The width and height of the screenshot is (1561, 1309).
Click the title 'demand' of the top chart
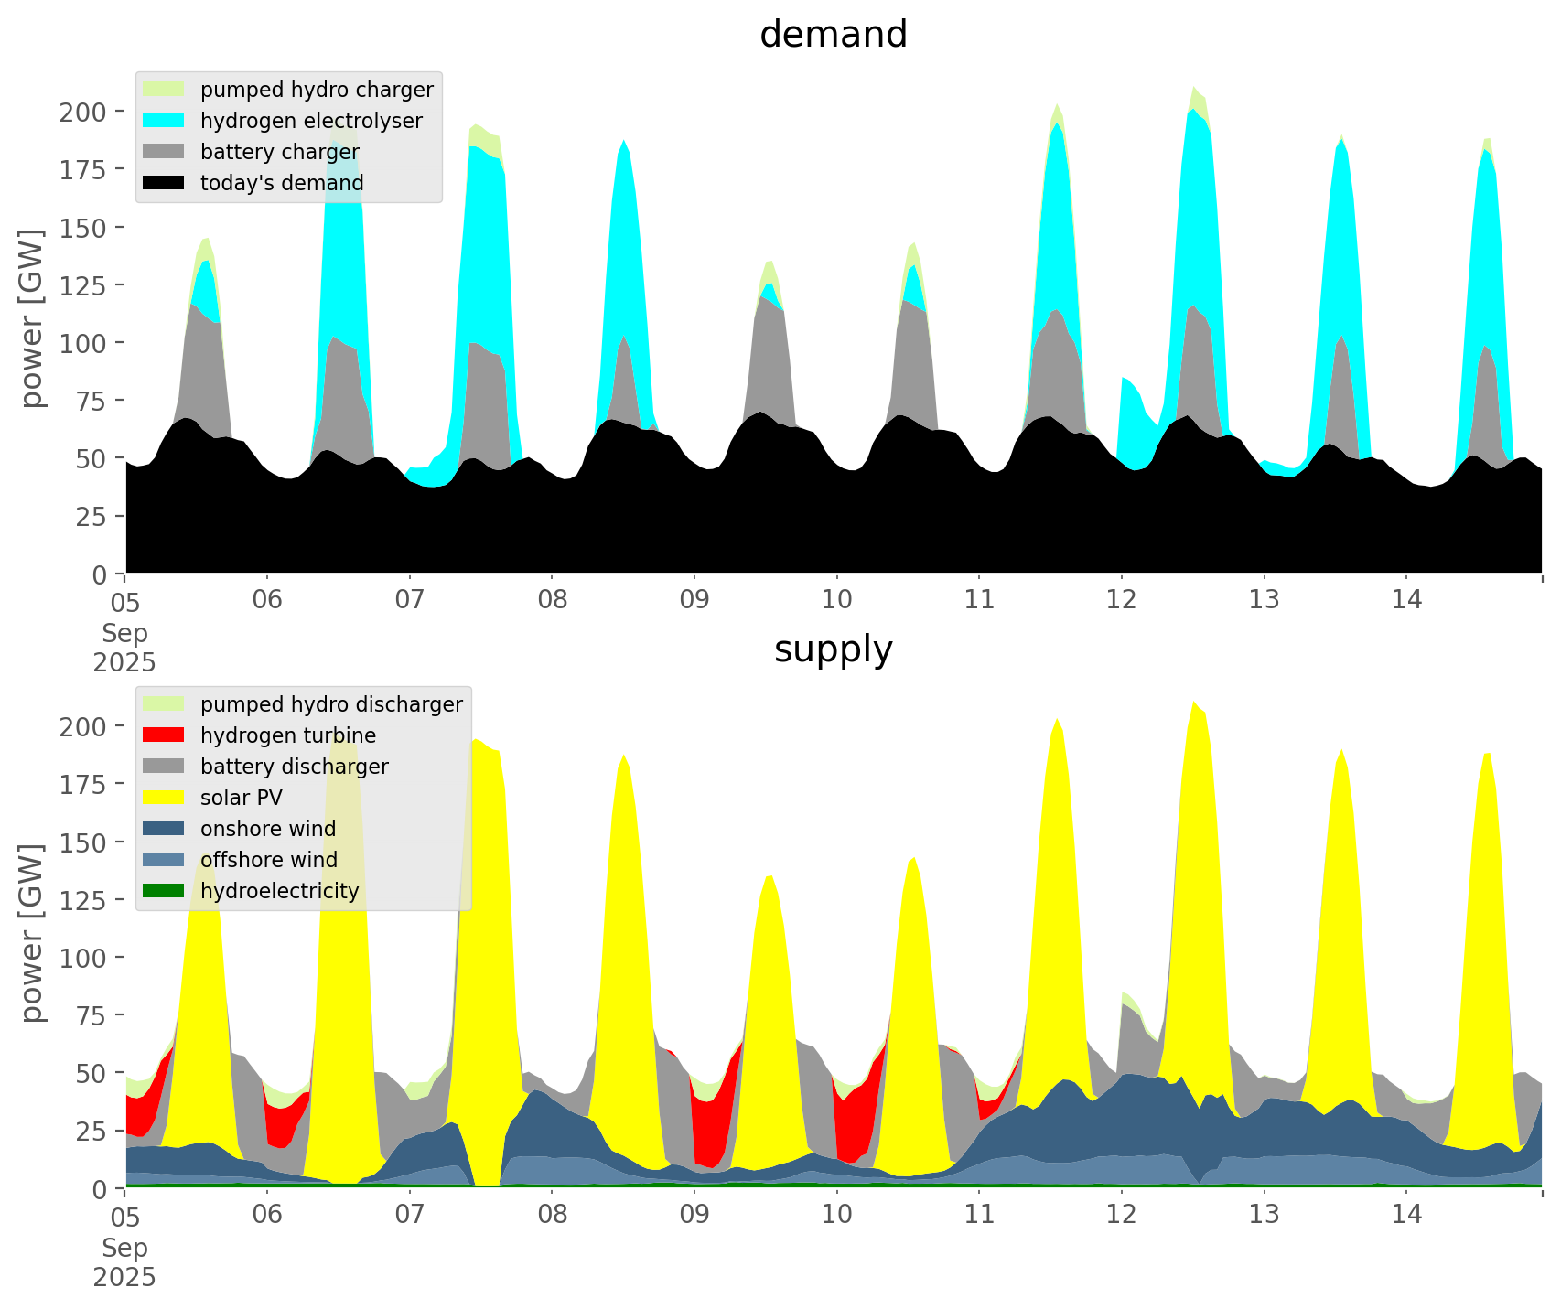[833, 35]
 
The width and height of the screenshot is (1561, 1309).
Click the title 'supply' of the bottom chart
[833, 649]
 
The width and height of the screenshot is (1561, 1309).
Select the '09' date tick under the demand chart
[694, 600]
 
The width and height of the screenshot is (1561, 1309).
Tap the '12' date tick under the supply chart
[1122, 1215]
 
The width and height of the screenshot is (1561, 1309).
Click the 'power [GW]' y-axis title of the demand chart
[33, 318]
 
